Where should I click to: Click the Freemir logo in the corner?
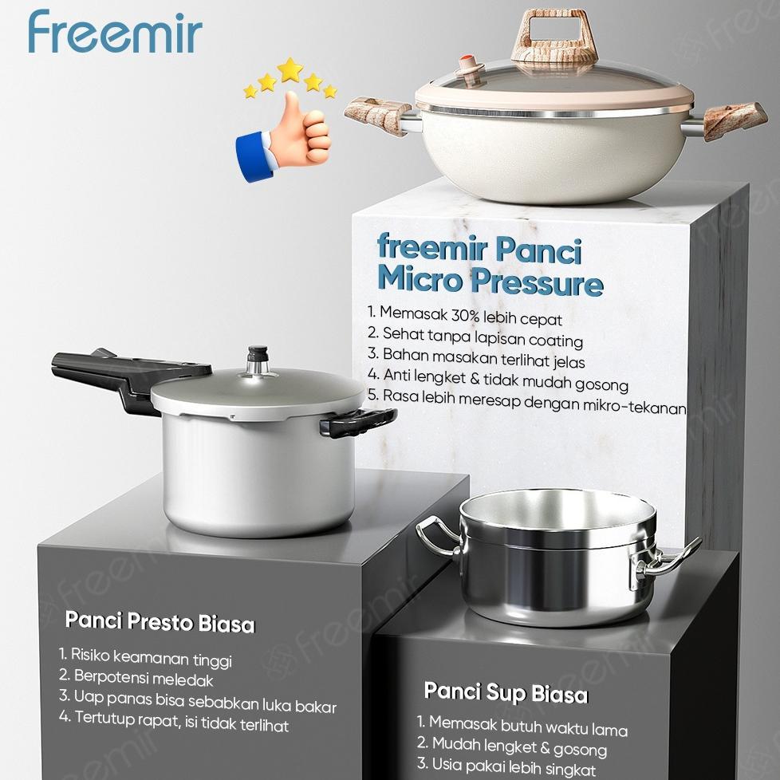click(x=115, y=33)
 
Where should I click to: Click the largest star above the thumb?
click(x=290, y=69)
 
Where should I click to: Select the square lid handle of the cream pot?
click(x=554, y=36)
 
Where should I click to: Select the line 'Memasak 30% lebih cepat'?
click(x=465, y=315)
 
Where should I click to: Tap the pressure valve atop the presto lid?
click(x=258, y=360)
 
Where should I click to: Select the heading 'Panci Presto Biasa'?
click(x=160, y=621)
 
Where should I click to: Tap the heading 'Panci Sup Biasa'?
click(x=506, y=692)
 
